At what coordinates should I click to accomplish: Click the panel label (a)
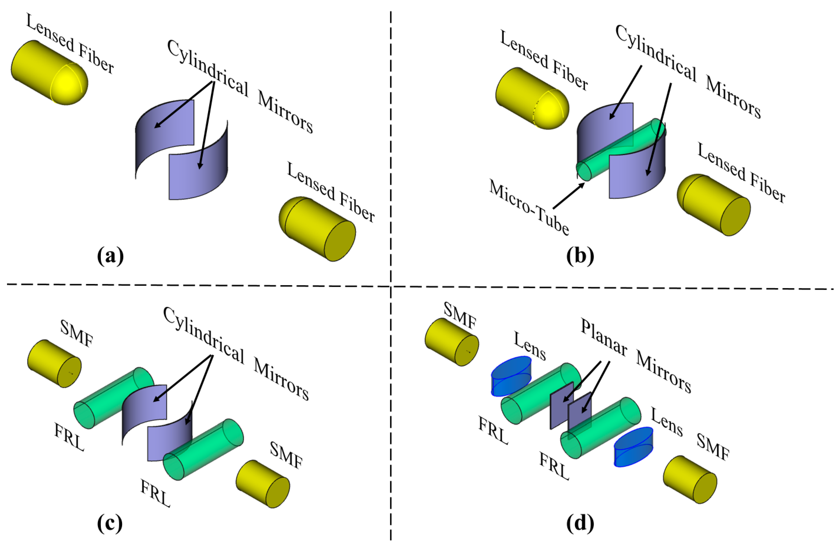[110, 256]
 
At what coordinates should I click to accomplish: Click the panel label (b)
[580, 256]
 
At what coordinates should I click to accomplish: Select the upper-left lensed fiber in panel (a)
[49, 72]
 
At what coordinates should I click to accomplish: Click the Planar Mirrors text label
[635, 356]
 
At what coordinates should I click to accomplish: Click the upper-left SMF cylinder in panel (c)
[54, 363]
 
